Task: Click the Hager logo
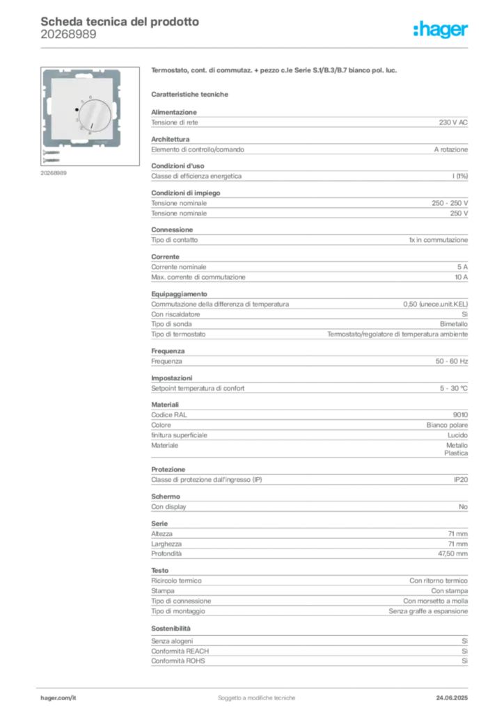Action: coord(441,29)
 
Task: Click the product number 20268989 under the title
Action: coord(68,35)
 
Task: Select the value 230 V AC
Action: coord(453,122)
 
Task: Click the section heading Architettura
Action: coord(171,139)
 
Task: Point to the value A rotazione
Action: coord(450,149)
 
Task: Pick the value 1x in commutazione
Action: coord(438,240)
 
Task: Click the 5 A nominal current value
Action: coord(462,267)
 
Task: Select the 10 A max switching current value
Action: coord(461,277)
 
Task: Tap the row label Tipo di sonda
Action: coord(171,324)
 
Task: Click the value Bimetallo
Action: coord(454,324)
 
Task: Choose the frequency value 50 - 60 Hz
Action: coord(451,362)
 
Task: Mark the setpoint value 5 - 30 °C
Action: coord(454,388)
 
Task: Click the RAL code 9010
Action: coord(460,415)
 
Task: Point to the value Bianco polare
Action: coord(447,425)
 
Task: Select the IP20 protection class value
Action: coord(460,480)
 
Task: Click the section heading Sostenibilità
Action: coord(171,629)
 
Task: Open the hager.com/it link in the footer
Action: coord(58,698)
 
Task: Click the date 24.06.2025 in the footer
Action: coord(452,698)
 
